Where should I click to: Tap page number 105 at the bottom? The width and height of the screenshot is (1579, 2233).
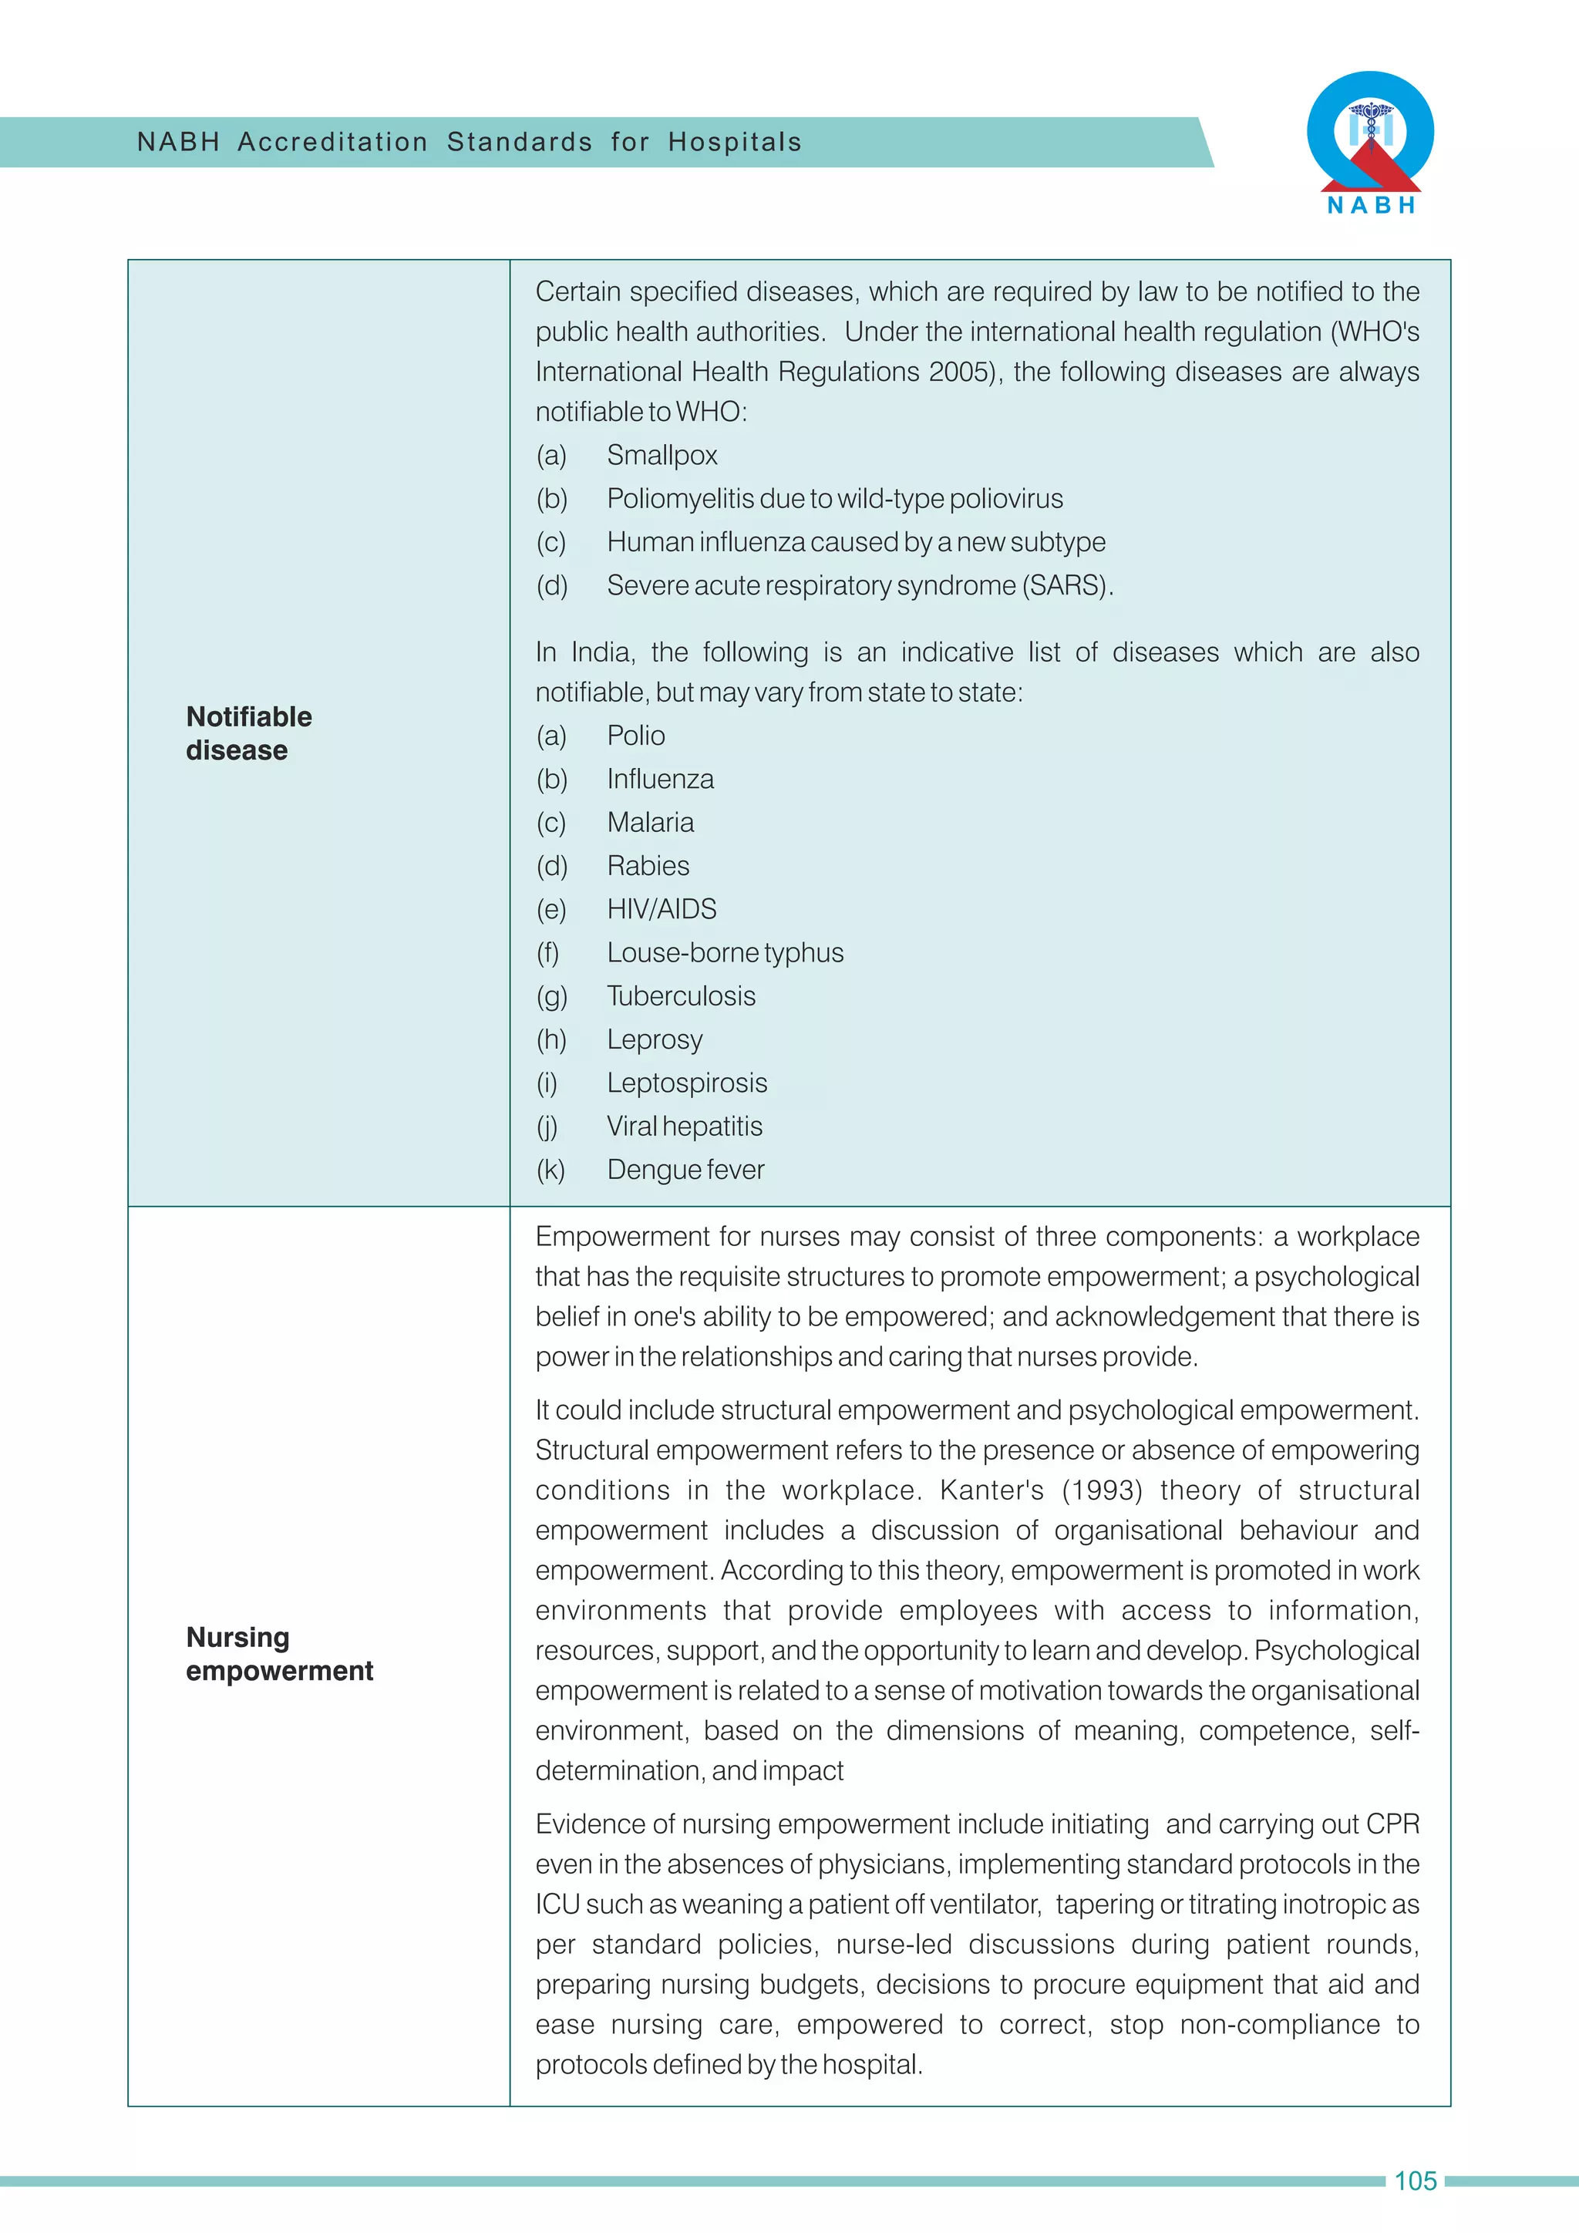coord(1415,2181)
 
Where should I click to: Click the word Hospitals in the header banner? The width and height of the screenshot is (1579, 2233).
coord(735,142)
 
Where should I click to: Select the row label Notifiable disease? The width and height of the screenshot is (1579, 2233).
coord(249,733)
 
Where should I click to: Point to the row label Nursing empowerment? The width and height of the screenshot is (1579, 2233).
coord(279,1653)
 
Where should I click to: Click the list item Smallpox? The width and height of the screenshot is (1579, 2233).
coord(662,455)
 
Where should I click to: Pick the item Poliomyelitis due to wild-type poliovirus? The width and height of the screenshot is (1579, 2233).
coord(834,499)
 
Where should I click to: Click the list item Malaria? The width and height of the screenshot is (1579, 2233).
coord(651,823)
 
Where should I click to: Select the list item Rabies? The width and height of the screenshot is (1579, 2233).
coord(648,866)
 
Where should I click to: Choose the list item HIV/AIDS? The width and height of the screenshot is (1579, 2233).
coord(662,909)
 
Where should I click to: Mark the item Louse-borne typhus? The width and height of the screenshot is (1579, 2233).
coord(726,953)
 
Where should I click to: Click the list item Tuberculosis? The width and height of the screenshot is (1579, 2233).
coord(682,996)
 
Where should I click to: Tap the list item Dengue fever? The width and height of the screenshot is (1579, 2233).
coord(685,1169)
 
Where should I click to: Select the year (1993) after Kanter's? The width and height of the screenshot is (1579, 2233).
coord(1102,1490)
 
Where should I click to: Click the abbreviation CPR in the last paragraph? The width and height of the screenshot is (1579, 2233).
coord(1392,1824)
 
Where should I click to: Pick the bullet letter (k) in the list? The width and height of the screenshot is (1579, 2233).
coord(550,1169)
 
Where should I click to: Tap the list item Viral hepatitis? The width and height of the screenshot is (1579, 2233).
coord(685,1127)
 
